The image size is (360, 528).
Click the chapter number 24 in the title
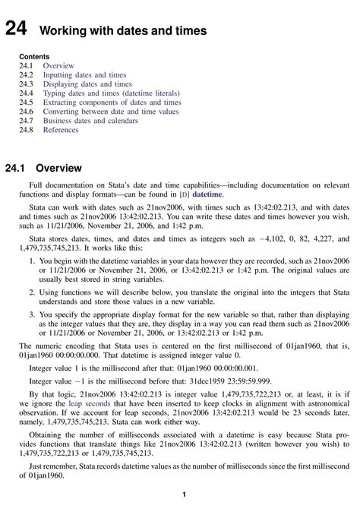coord(16,30)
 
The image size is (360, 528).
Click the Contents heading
coord(34,57)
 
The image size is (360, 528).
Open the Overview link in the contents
coord(58,66)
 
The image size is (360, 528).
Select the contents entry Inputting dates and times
coord(84,75)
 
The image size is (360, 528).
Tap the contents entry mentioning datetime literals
coord(106,93)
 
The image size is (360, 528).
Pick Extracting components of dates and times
coord(112,103)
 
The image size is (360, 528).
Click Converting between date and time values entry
coord(111,112)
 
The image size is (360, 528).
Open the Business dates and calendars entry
coord(90,121)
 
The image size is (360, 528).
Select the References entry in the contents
coord(61,130)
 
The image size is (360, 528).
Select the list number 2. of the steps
coord(32,292)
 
